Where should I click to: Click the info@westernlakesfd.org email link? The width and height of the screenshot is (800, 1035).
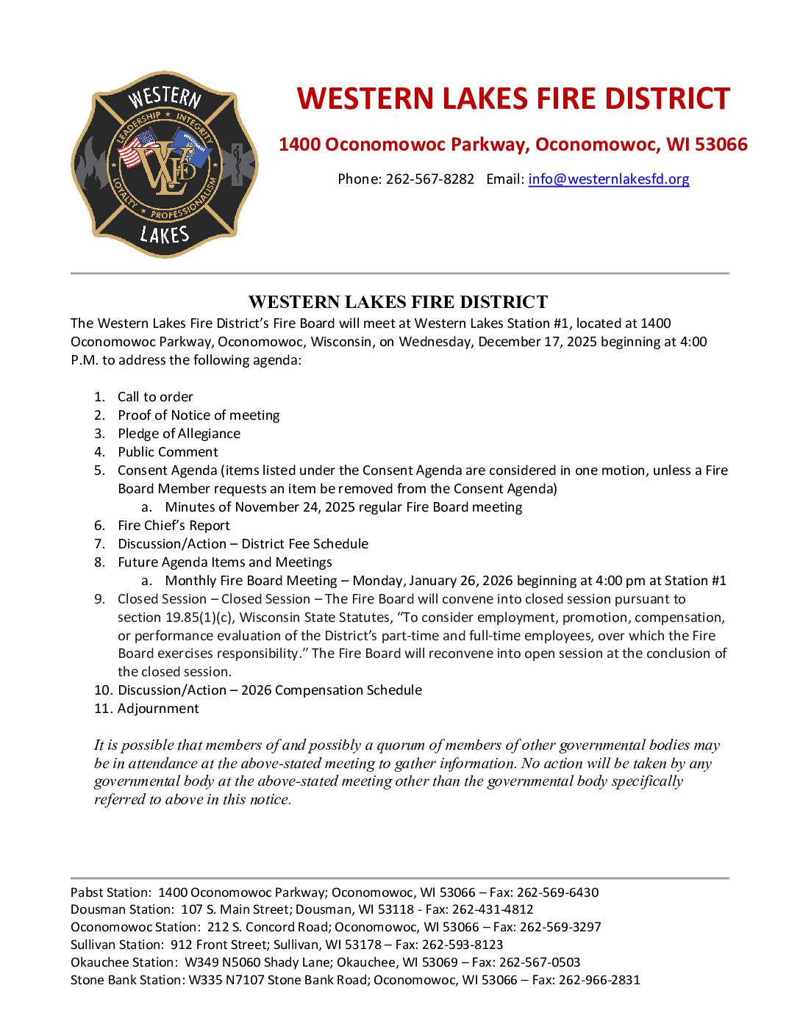[x=608, y=179]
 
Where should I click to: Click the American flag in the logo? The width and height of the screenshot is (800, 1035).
[x=137, y=148]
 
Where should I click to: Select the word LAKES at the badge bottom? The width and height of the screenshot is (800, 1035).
[x=164, y=234]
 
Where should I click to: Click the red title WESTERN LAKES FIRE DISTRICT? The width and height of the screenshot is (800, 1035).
[x=512, y=99]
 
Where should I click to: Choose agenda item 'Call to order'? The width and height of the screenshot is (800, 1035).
[x=155, y=397]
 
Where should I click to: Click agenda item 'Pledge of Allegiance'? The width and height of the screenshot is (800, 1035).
[x=179, y=434]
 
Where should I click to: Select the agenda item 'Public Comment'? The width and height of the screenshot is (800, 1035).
[x=168, y=452]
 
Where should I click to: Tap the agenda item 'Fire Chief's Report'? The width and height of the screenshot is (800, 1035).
[x=174, y=526]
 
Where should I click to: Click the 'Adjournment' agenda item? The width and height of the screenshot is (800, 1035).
[x=158, y=709]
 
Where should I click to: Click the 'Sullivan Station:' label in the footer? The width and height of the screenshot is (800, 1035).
[x=117, y=945]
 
